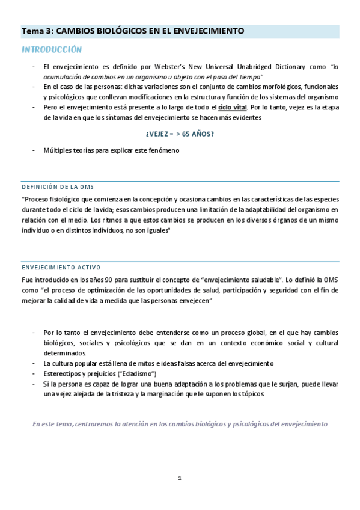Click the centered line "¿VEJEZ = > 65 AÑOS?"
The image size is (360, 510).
tap(180, 134)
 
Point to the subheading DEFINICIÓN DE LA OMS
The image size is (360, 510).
tap(58, 186)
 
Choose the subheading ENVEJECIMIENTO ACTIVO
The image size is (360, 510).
tap(61, 267)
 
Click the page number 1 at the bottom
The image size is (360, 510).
tap(180, 478)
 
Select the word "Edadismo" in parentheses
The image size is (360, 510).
tap(124, 373)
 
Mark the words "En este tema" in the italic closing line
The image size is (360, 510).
tap(53, 423)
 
